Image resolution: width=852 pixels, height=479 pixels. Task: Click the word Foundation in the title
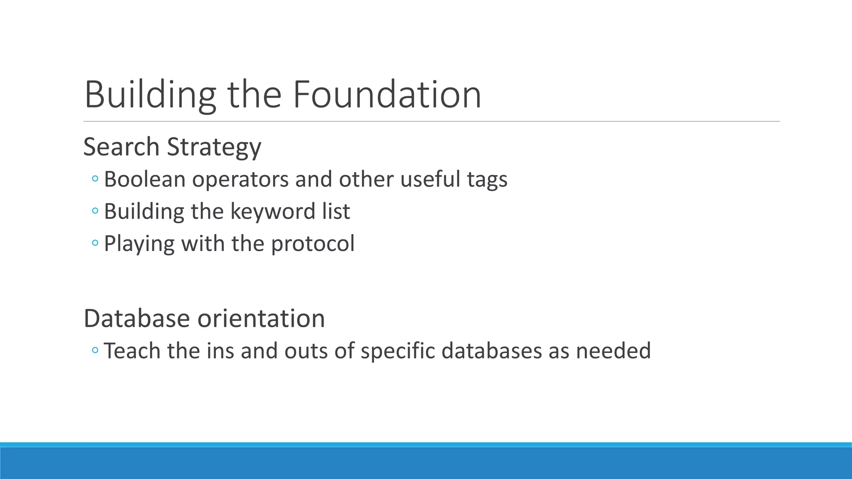pos(387,95)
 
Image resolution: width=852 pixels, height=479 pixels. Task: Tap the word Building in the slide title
pos(150,95)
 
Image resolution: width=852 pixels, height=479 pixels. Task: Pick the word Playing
pos(139,244)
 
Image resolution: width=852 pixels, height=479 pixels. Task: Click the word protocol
pos(313,244)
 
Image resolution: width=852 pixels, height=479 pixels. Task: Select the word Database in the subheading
pos(137,319)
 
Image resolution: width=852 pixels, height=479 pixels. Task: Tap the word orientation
pos(261,319)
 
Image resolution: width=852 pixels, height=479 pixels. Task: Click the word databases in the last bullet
pos(492,351)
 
